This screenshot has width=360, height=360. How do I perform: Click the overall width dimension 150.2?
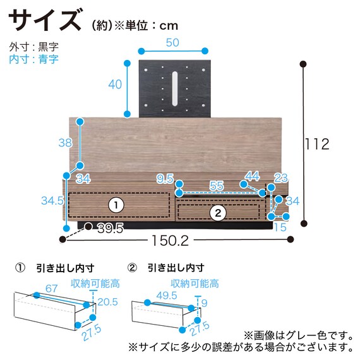click(x=170, y=241)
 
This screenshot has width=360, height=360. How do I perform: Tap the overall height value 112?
click(x=317, y=144)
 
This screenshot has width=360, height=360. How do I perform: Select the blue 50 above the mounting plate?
click(x=172, y=43)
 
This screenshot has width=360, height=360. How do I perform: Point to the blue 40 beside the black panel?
click(x=115, y=85)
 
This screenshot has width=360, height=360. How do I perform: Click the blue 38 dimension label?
click(x=65, y=143)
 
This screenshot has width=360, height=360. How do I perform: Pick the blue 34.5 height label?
click(x=52, y=201)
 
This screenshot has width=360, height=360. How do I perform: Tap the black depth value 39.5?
click(x=111, y=228)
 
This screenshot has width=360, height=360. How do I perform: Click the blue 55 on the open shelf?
click(x=217, y=186)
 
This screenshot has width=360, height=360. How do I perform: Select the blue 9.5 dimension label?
click(x=165, y=179)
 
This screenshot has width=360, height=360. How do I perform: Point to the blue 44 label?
click(x=253, y=176)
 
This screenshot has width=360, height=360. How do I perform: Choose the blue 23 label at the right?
click(x=281, y=178)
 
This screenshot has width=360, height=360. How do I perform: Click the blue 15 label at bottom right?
click(x=280, y=227)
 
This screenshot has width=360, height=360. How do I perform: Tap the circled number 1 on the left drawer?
click(x=116, y=205)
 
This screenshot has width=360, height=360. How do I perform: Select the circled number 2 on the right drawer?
click(x=218, y=213)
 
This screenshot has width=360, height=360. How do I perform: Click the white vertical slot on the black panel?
click(x=175, y=88)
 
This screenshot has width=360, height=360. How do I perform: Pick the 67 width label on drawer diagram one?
click(x=51, y=289)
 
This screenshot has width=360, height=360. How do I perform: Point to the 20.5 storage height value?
click(x=107, y=302)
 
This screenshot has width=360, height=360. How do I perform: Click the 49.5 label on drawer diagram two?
click(x=167, y=296)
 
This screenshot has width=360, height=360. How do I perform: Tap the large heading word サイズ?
click(x=45, y=20)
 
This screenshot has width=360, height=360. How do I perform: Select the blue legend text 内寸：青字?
click(x=33, y=59)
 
